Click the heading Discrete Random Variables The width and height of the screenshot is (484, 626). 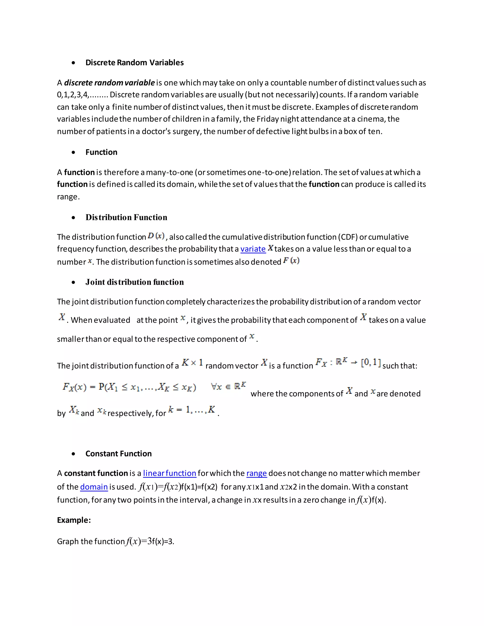[134, 63]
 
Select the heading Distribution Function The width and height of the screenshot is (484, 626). [126, 217]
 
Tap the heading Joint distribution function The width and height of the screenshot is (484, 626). [134, 282]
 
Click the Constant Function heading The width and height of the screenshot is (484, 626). [118, 454]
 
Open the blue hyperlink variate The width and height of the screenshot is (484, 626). [253, 249]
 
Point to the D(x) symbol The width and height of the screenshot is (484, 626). [156, 236]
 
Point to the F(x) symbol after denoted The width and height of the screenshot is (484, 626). [291, 261]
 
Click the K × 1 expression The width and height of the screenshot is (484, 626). [192, 363]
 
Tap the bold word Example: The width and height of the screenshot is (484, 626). [74, 520]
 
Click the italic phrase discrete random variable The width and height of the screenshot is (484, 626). [109, 83]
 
